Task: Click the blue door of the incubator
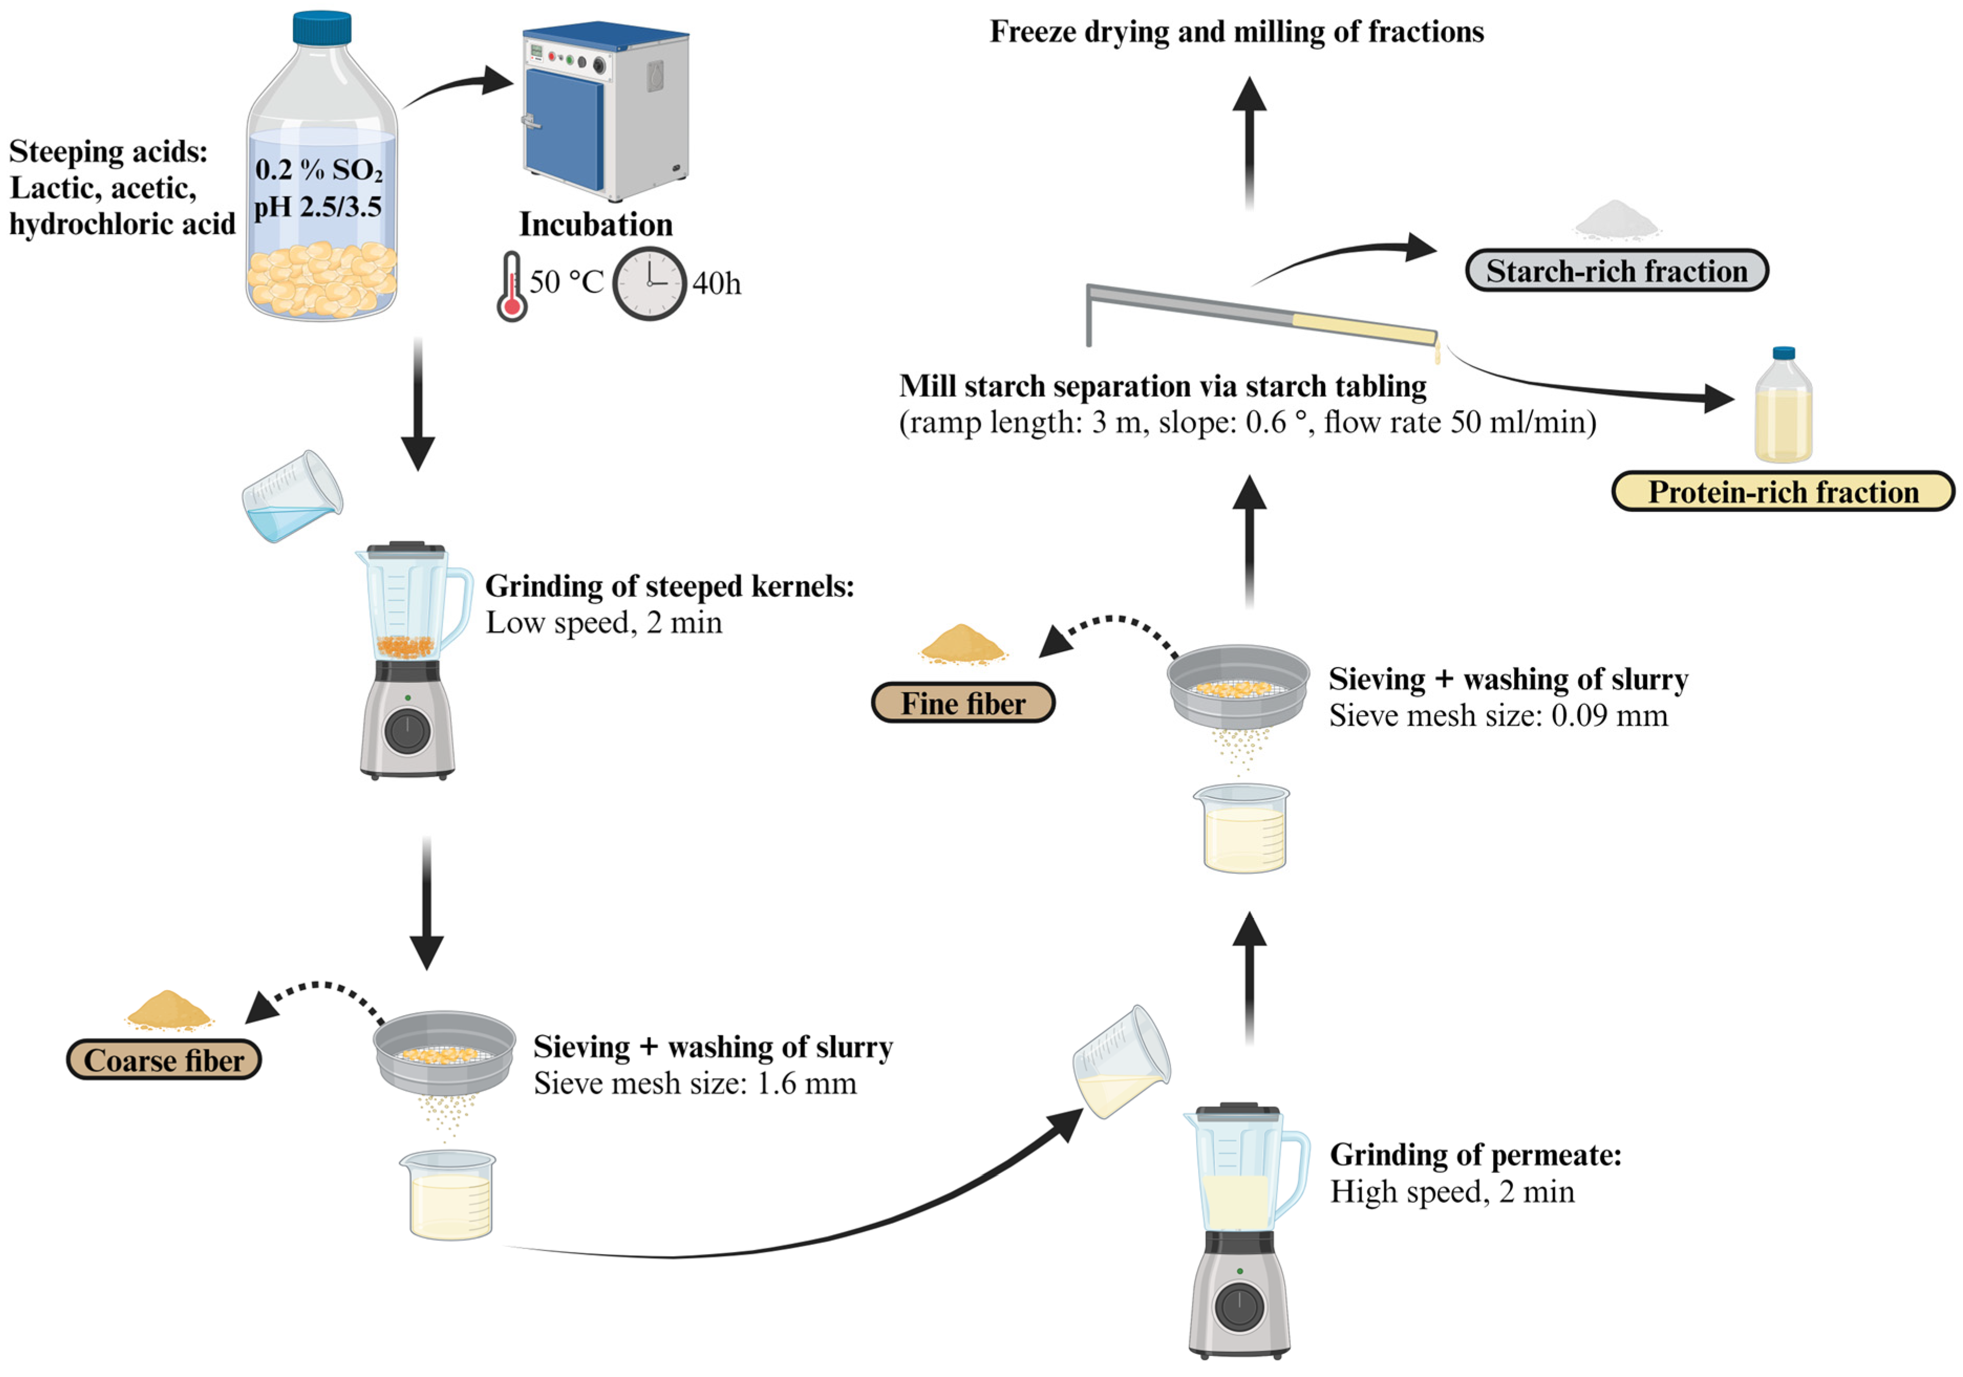tap(564, 128)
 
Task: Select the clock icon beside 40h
tap(649, 284)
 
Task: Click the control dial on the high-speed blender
tap(1239, 1307)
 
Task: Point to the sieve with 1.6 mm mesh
tap(444, 1052)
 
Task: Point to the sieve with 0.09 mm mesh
tap(1238, 685)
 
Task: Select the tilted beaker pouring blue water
tap(293, 498)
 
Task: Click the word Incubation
tap(596, 225)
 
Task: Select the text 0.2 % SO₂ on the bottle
tap(318, 170)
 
